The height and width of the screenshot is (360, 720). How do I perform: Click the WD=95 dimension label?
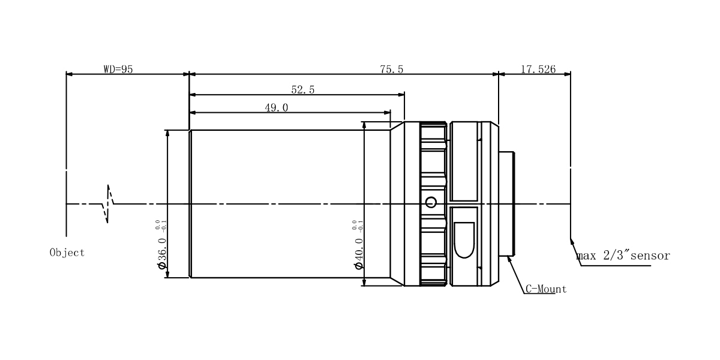(118, 69)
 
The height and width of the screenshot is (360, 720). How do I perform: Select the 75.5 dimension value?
(391, 69)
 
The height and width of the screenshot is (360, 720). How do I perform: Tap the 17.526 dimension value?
(538, 69)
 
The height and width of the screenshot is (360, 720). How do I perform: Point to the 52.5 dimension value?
(303, 89)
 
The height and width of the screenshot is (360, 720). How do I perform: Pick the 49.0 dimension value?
(277, 107)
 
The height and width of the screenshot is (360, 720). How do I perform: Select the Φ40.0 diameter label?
(359, 253)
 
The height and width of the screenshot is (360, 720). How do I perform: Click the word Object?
(67, 253)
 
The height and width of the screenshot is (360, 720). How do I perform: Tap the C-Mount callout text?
(546, 289)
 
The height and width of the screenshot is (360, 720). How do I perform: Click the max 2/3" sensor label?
(623, 256)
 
